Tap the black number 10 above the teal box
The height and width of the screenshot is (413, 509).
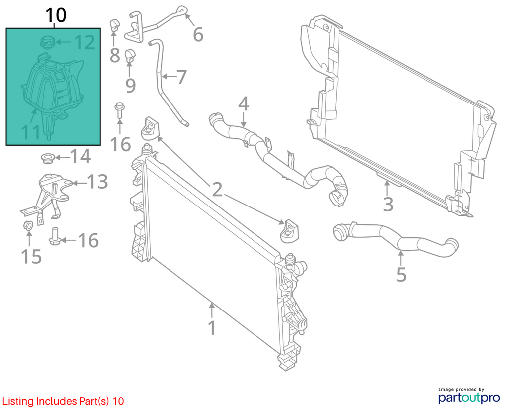point(56,15)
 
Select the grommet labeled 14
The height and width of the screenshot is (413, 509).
point(48,158)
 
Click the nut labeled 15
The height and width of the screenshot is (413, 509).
point(28,225)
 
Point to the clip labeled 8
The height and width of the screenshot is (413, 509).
point(114,25)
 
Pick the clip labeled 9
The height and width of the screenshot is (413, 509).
point(131,56)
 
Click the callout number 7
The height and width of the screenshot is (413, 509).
point(181,77)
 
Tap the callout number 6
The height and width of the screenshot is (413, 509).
point(198,34)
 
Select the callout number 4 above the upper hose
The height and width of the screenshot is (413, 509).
point(244,103)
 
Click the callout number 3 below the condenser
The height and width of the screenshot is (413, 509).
point(388,204)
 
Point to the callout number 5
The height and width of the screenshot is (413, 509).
point(402,275)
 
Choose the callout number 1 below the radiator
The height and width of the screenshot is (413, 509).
point(212,328)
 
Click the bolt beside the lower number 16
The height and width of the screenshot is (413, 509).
point(54,236)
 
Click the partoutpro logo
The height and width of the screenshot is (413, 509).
point(469,396)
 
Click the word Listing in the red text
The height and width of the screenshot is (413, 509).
point(18,401)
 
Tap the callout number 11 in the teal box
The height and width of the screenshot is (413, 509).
point(31,132)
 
